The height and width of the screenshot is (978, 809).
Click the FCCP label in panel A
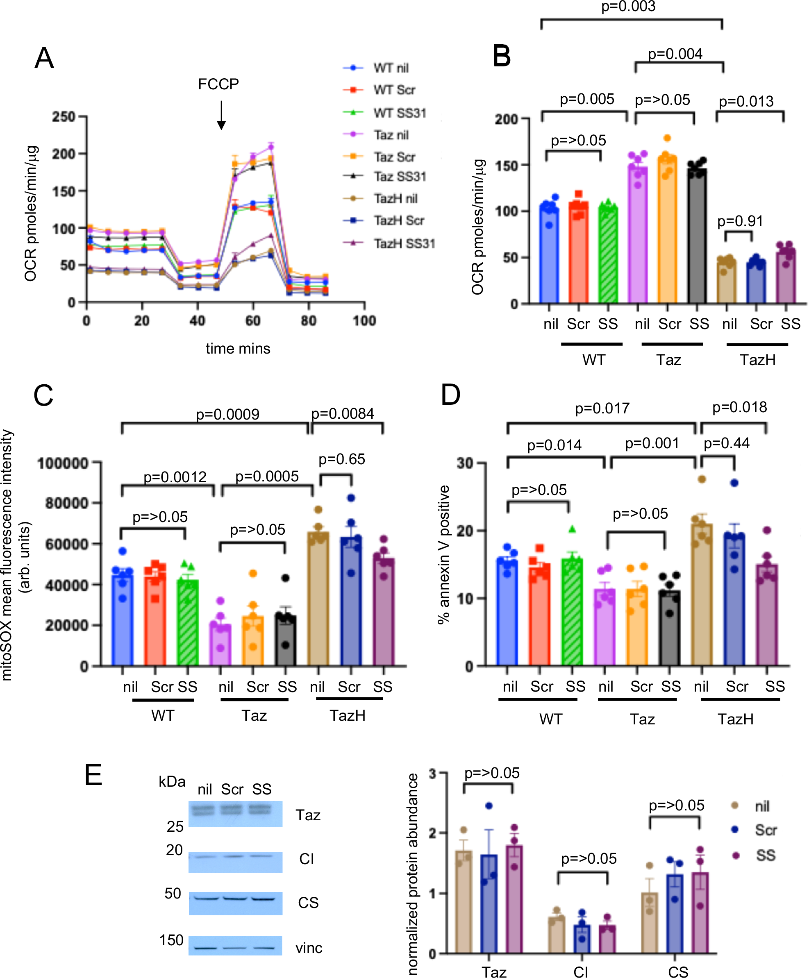pos(218,84)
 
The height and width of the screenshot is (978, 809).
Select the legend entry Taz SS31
pos(399,177)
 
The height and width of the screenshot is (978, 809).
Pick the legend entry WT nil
pos(390,68)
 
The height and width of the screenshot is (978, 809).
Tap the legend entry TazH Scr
pos(398,220)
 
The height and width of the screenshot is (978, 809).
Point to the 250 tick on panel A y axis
pos(64,116)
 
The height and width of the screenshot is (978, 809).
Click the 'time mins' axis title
pos(238,348)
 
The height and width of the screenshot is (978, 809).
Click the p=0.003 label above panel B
pos(628,7)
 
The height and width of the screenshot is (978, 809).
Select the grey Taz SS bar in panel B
pos(697,238)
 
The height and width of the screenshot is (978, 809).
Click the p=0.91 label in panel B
pos(740,221)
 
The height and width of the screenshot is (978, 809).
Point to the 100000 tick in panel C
pos(63,463)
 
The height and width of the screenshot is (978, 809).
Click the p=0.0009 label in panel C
pos(227,414)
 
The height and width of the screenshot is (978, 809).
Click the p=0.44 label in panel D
pos(726,443)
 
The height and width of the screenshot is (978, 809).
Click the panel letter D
pos(450,395)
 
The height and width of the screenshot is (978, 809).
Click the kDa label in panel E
pos(172,781)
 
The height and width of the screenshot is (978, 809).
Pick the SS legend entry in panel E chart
pos(765,855)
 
